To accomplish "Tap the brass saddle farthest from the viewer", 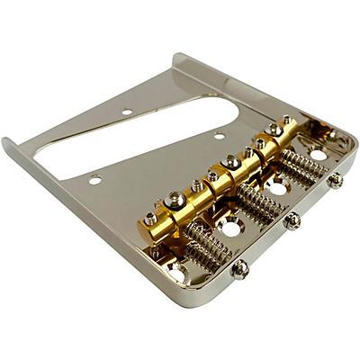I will click(274, 137).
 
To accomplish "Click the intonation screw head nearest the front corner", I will click(241, 267).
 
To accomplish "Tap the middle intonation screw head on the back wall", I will click(292, 220).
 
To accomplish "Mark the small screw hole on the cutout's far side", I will click(127, 112).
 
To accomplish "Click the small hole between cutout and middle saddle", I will click(219, 136).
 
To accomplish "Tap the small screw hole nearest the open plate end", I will click(94, 180).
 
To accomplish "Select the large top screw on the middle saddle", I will click(232, 161).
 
